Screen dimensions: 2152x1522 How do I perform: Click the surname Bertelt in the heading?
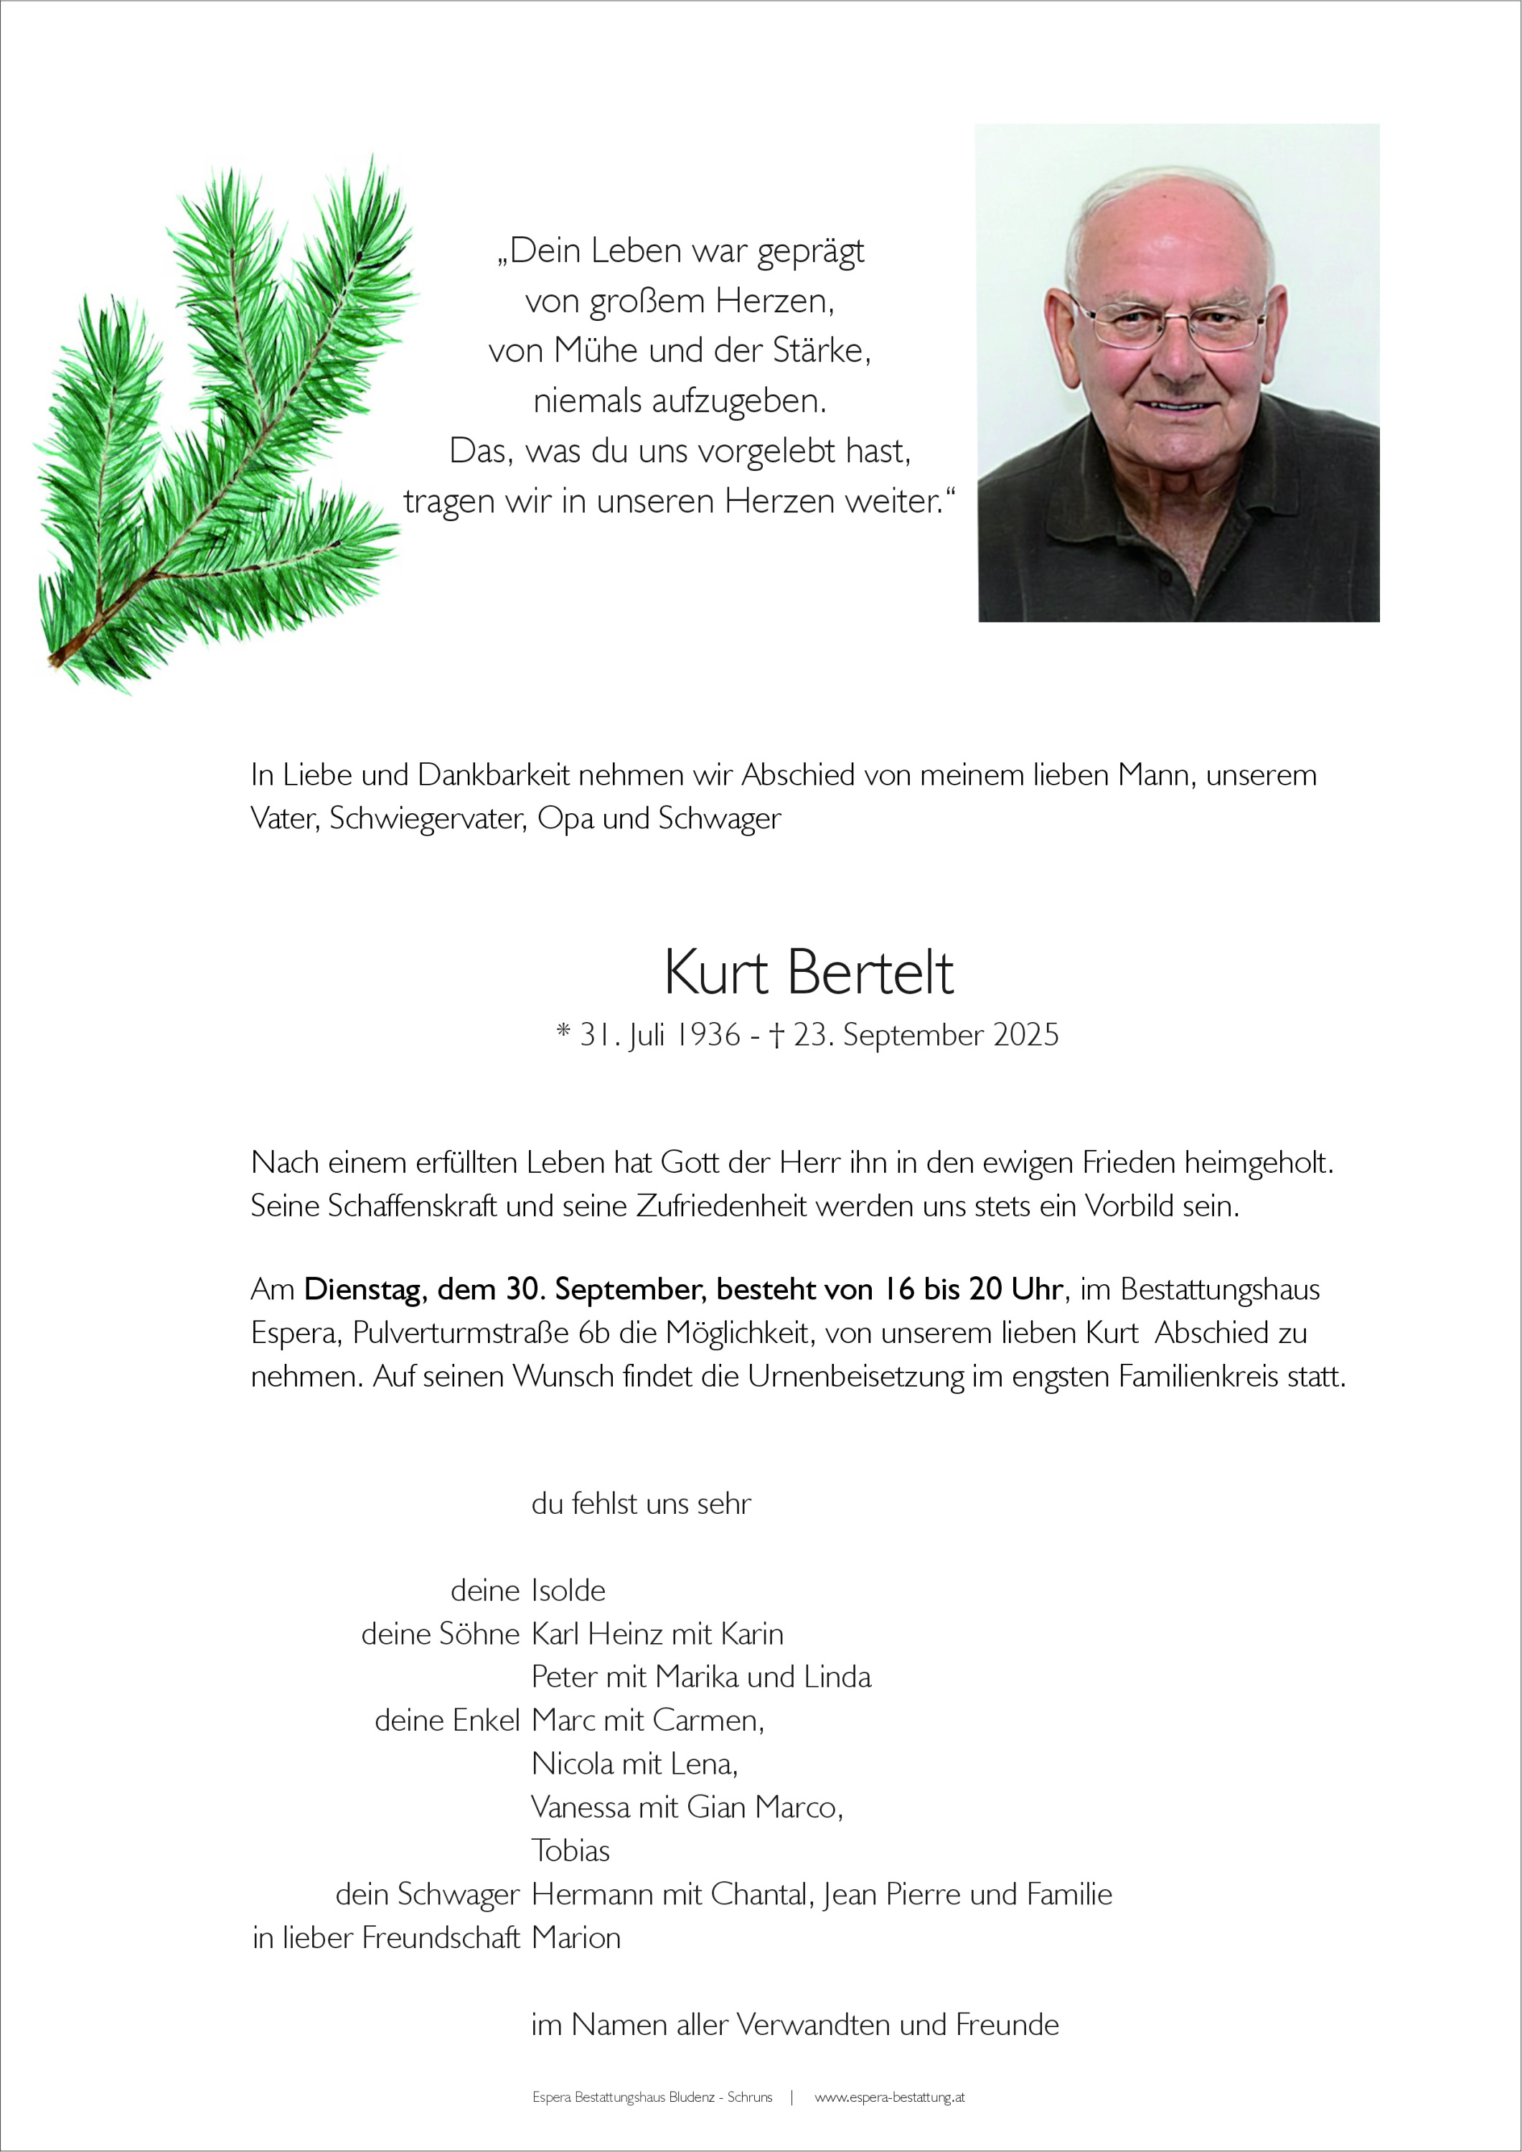pos(870,973)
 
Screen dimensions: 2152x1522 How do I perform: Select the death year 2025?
pos(1025,1035)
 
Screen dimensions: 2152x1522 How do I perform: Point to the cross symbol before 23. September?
pos(776,1035)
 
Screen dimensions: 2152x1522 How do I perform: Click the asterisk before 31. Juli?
pos(563,1033)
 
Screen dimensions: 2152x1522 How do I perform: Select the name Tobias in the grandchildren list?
pos(570,1851)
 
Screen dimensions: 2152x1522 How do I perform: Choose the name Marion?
pos(576,1937)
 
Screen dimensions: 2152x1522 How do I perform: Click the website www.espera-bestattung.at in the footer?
pos(889,2097)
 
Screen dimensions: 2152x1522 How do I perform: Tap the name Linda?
pos(838,1677)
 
